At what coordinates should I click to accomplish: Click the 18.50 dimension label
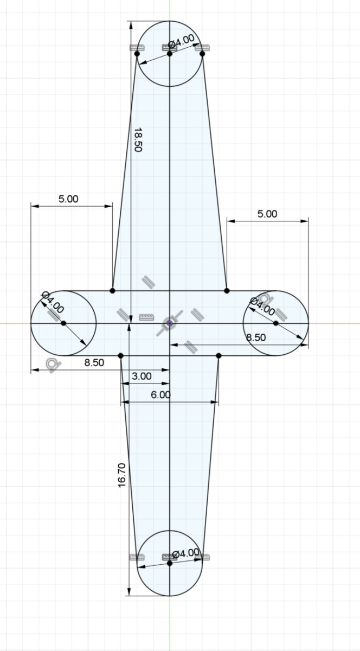coord(138,140)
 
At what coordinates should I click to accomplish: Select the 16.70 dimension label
coord(122,475)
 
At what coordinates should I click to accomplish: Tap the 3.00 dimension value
coord(142,376)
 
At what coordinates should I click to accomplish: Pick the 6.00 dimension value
coord(160,395)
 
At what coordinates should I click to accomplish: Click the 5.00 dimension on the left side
coord(68,199)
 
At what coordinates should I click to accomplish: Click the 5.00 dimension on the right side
coord(267,214)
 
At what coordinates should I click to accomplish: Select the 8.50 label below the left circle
coord(94,363)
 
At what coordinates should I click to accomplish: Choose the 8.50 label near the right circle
coord(256,337)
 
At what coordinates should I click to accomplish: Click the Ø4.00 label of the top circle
coord(181,41)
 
